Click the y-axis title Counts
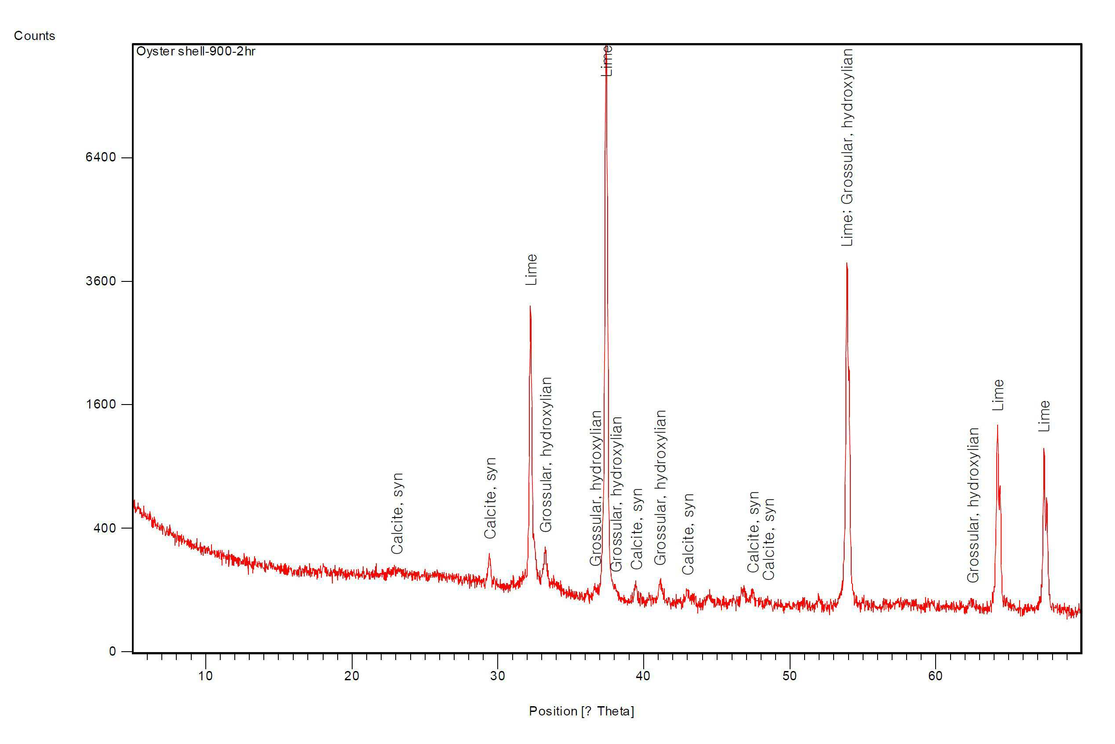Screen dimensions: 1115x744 point(35,36)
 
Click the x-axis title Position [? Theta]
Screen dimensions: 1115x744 point(581,711)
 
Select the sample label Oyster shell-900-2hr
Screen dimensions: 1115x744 point(196,51)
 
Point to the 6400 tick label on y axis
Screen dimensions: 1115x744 point(101,157)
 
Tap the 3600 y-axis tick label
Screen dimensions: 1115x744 point(101,281)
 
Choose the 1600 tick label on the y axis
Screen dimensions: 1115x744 point(101,404)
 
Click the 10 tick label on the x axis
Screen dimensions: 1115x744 point(205,676)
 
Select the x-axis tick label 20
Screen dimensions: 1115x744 point(352,676)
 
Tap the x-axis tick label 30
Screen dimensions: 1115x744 point(497,676)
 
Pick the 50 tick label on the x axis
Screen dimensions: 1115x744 point(790,676)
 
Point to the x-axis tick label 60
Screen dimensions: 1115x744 point(935,676)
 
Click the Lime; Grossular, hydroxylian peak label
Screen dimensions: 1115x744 point(847,148)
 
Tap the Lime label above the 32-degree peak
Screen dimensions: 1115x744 point(532,270)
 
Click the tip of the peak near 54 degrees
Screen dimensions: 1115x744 point(846,263)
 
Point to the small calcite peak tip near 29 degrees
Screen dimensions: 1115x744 point(489,553)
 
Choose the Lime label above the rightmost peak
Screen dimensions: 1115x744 point(1044,416)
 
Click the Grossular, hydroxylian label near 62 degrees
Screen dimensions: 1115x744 point(973,505)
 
